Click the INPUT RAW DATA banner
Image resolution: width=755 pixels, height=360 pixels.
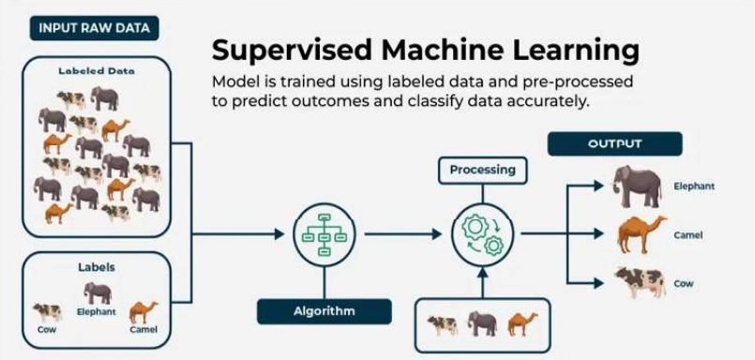94,27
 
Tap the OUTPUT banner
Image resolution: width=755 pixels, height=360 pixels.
614,143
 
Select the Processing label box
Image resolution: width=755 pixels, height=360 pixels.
482,170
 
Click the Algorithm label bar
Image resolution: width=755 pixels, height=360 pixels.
325,310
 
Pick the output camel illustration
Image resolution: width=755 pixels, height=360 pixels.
641,233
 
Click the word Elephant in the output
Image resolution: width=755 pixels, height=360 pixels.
694,187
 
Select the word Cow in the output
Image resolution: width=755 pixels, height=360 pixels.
684,282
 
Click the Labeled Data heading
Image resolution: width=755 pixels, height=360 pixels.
97,70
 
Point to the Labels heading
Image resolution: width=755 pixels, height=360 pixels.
97,268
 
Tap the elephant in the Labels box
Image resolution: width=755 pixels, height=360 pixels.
98,292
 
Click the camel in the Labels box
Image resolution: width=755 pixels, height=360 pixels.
143,311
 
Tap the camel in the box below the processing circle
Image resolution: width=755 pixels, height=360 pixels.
521,324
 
